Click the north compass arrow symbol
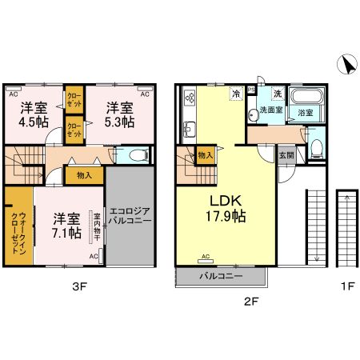pyautogui.click(x=347, y=64)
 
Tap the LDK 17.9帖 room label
pyautogui.click(x=226, y=209)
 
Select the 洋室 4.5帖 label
pyautogui.click(x=34, y=115)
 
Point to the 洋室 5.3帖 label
pyautogui.click(x=119, y=115)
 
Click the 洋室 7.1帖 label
pyautogui.click(x=66, y=226)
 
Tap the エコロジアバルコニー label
pyautogui.click(x=130, y=216)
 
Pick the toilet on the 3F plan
pyautogui.click(x=138, y=154)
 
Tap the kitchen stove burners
pyautogui.click(x=190, y=97)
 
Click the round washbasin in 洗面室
pyautogui.click(x=252, y=115)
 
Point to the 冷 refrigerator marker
pyautogui.click(x=237, y=94)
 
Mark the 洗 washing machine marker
pyautogui.click(x=278, y=93)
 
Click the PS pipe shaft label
pyautogui.click(x=251, y=90)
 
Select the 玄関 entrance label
pyautogui.click(x=286, y=155)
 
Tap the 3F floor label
pyautogui.click(x=80, y=286)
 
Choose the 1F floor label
pyautogui.click(x=347, y=286)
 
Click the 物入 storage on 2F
pyautogui.click(x=206, y=154)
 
